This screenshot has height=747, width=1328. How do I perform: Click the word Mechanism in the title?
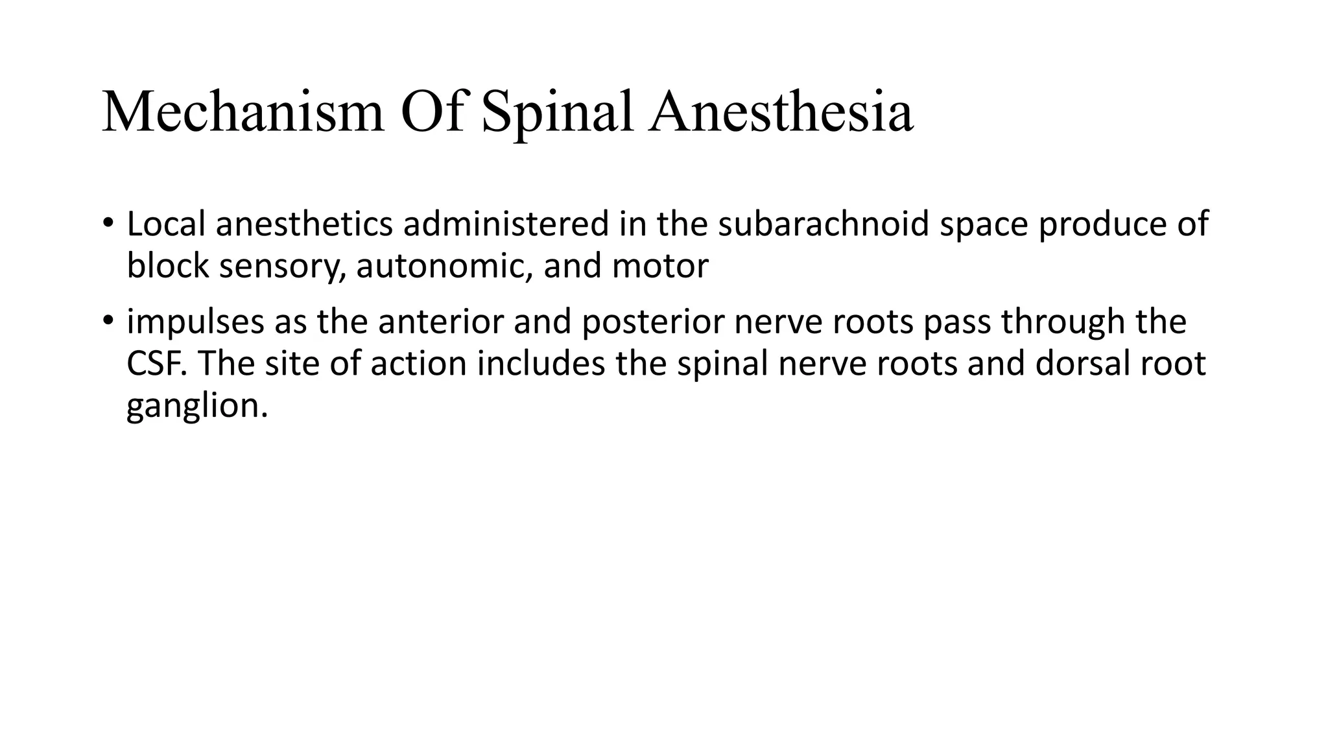pos(243,112)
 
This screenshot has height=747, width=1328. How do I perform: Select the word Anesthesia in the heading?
pos(781,112)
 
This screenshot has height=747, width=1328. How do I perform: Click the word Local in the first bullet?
pos(166,224)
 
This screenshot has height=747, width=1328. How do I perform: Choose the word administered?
pos(506,224)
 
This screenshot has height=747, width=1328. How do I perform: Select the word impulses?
pos(195,322)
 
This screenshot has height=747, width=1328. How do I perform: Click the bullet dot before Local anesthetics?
pos(108,224)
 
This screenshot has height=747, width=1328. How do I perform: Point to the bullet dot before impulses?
pos(108,321)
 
